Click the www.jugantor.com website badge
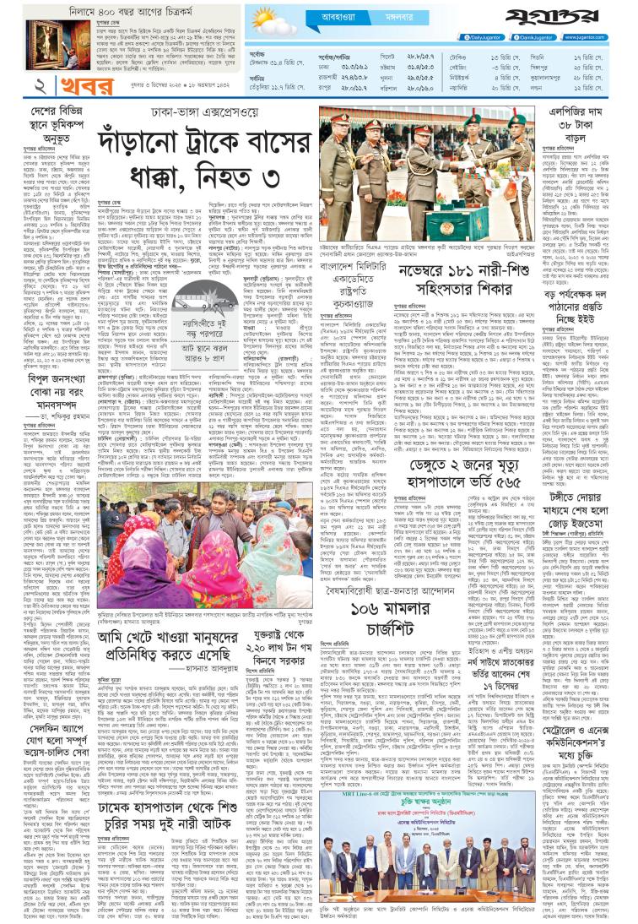point(602,37)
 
